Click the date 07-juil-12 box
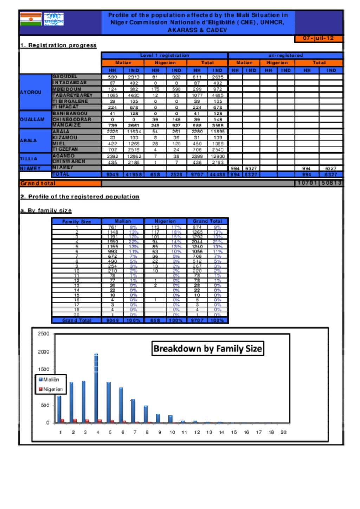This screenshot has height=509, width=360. click(318, 38)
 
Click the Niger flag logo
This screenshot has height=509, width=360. click(31, 19)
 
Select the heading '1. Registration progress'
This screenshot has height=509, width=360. click(58, 45)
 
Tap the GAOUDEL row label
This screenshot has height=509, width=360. click(65, 77)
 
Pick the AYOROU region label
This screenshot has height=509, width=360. click(31, 92)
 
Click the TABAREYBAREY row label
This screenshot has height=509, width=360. click(72, 95)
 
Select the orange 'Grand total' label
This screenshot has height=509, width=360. click(38, 183)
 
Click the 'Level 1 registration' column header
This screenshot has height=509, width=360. click(165, 56)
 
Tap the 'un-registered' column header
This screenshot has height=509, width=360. click(285, 56)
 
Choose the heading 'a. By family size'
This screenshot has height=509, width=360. click(46, 211)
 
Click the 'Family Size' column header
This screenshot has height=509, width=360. click(76, 222)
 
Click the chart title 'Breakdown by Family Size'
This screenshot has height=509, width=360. click(208, 349)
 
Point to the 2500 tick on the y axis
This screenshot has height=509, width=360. click(44, 333)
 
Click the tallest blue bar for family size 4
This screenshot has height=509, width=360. click(96, 387)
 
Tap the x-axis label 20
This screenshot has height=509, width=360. click(283, 432)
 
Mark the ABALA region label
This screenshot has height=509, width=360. click(28, 141)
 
